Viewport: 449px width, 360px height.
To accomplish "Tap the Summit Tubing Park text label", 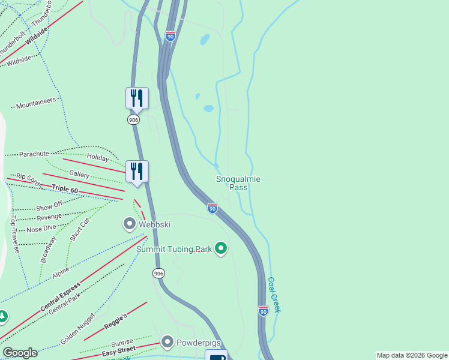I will [x=174, y=249].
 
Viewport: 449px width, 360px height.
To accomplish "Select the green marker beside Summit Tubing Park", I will [x=221, y=248].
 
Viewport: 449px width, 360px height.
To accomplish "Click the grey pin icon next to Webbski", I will [x=129, y=224].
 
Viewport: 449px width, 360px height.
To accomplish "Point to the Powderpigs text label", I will [x=199, y=343].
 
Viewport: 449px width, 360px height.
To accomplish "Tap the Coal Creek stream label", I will [x=275, y=294].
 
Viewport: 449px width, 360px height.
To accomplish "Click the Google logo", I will [x=20, y=353].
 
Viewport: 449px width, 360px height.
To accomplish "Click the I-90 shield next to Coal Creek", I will [x=263, y=310].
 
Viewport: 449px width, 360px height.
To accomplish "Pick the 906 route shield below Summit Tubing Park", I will [x=158, y=273].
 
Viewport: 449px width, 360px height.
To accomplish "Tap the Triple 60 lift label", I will [x=64, y=190].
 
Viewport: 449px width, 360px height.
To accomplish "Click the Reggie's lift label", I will [x=116, y=321].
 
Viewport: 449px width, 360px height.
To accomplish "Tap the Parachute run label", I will [x=34, y=154].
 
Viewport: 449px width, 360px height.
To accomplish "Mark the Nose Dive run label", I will [x=41, y=229].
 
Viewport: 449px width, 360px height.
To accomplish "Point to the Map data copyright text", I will [x=412, y=355].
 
